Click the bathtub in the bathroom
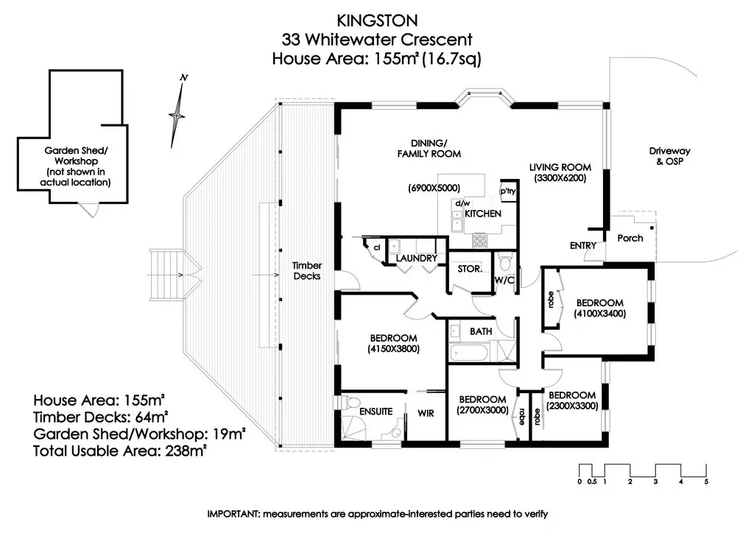(469, 353)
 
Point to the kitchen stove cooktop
(479, 241)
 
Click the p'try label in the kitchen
(508, 191)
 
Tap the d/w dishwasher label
(462, 203)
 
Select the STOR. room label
(469, 269)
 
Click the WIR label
(426, 413)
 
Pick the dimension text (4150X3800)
(393, 349)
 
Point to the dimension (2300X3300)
(572, 406)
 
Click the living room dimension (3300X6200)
(560, 178)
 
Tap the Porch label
(630, 238)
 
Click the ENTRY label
(583, 246)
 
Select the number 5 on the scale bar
(706, 481)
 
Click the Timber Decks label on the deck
(307, 271)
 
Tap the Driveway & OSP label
(669, 156)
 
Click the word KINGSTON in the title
(377, 21)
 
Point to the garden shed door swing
(89, 210)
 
